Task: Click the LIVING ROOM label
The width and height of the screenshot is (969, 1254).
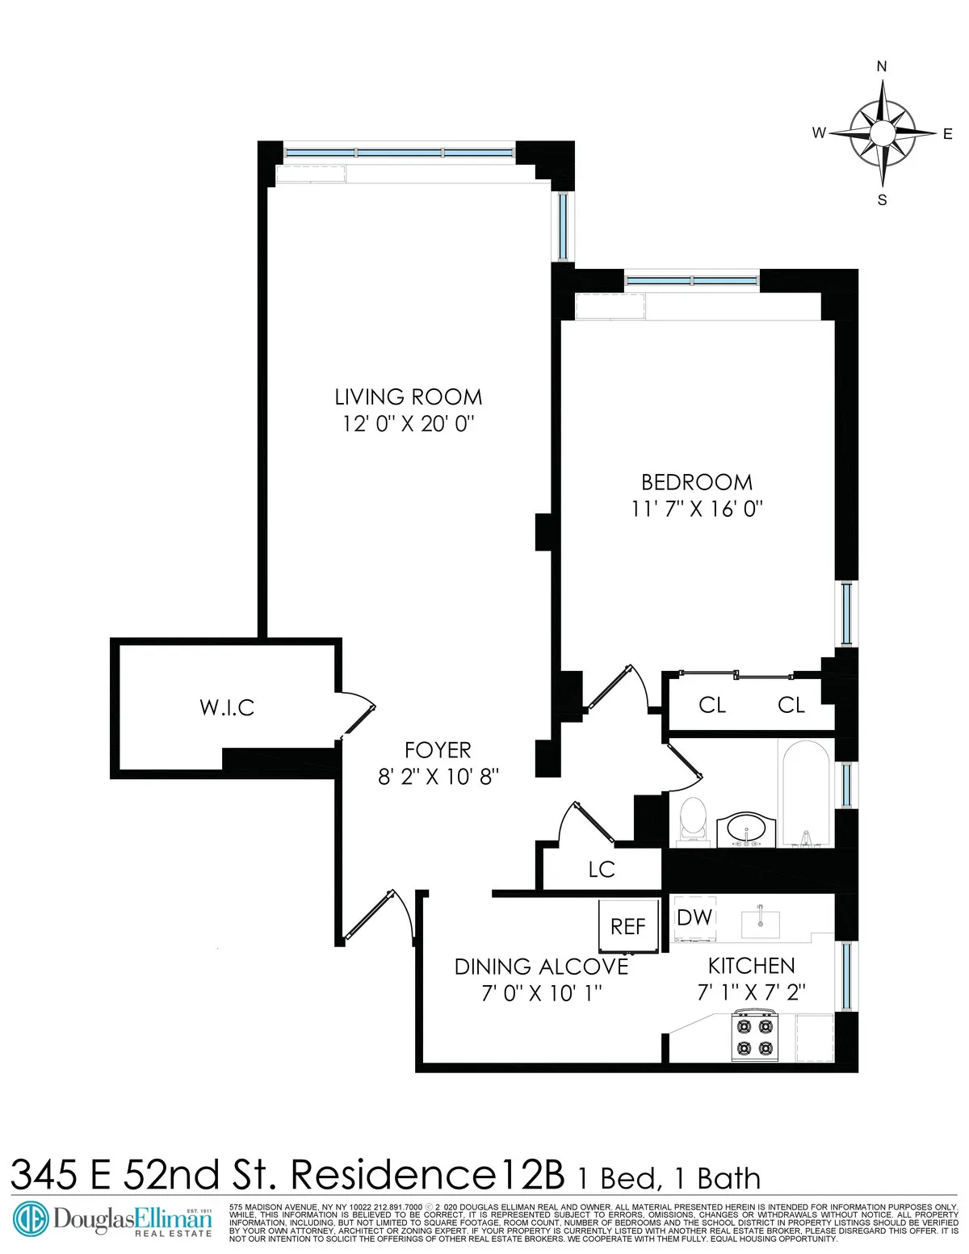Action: click(x=408, y=397)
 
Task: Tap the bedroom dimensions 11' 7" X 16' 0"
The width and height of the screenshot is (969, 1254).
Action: click(x=697, y=509)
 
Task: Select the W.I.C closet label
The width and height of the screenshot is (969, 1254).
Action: click(x=227, y=708)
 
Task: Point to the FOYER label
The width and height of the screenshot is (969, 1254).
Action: click(x=438, y=750)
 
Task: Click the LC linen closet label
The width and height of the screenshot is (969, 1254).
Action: click(x=602, y=870)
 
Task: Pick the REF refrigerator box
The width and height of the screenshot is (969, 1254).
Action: click(x=627, y=926)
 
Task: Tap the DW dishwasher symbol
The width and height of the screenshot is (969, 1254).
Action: click(x=694, y=918)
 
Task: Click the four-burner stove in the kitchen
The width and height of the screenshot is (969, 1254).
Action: click(x=753, y=1038)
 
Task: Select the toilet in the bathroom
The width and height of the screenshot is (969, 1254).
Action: click(x=692, y=820)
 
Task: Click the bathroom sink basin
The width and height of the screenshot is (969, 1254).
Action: click(x=747, y=828)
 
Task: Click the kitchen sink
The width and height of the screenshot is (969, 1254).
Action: click(x=760, y=922)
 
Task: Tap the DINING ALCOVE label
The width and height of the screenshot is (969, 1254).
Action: click(x=541, y=967)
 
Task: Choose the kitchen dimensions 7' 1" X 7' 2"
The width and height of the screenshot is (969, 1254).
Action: click(x=751, y=992)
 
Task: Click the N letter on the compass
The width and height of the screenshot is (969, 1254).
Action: click(x=882, y=67)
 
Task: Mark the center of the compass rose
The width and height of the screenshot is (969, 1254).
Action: click(x=882, y=132)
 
